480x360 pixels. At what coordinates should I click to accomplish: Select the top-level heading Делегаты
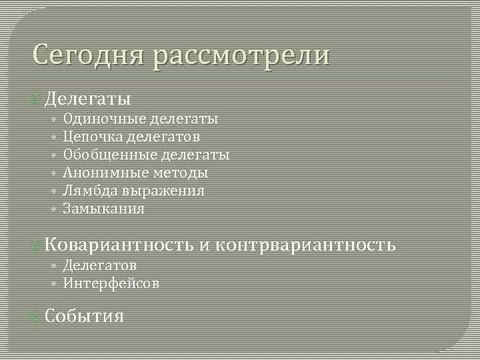[87, 99]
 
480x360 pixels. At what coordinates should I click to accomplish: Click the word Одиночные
[104, 119]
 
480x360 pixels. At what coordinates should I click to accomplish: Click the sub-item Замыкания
[103, 209]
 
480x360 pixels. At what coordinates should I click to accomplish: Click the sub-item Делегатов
[100, 265]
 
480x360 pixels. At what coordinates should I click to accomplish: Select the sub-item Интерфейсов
[111, 283]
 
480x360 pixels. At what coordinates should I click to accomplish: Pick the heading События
[85, 316]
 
